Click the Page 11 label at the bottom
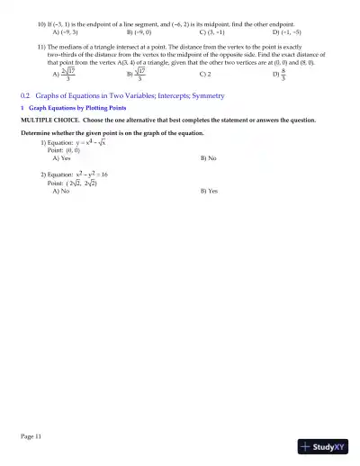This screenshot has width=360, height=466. [31, 435]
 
